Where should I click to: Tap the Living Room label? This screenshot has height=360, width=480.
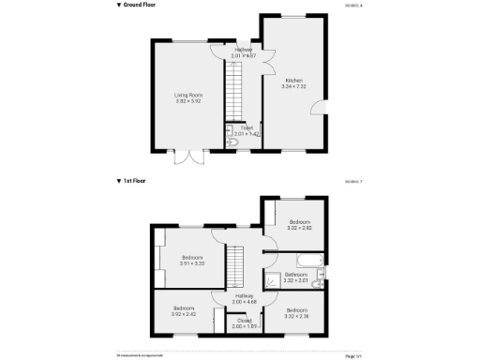tap(187, 95)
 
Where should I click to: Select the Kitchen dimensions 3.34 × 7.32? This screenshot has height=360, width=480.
tap(294, 86)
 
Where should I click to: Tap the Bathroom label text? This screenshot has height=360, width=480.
tap(295, 275)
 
